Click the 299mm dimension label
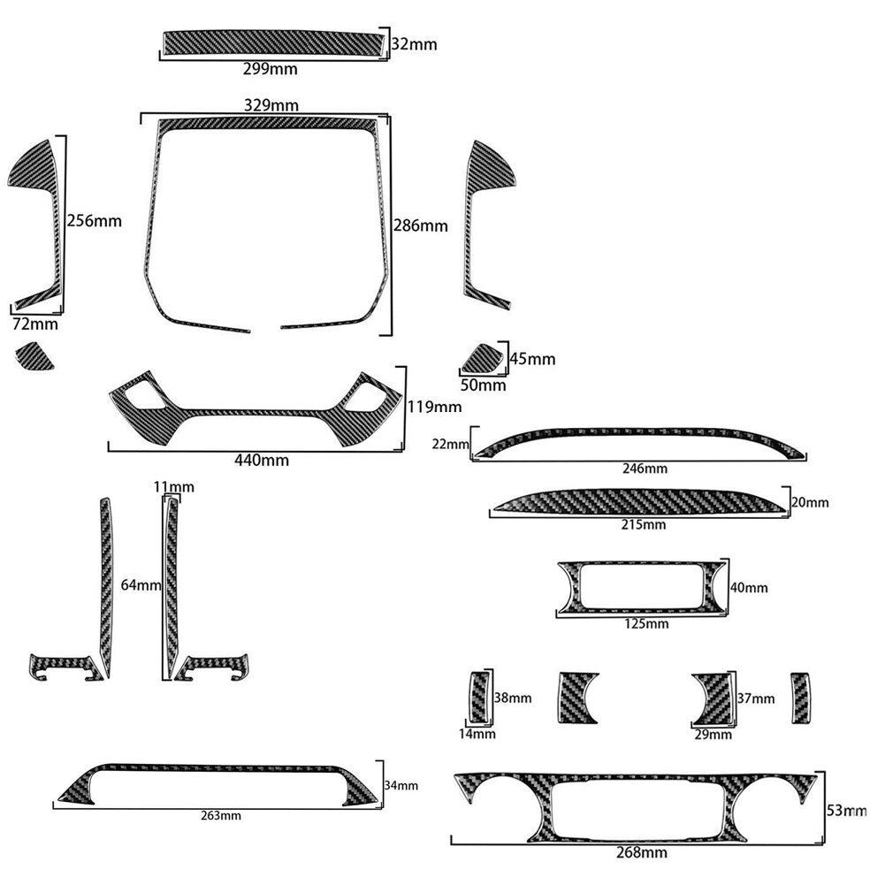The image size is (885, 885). point(271,69)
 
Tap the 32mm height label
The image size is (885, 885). point(415,44)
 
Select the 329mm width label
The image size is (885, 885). point(271,105)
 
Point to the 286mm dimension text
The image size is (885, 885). point(421,225)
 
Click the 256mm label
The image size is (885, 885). point(95,221)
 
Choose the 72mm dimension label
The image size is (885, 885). point(35,324)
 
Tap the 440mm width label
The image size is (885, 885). point(262,461)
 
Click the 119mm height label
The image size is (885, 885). point(435,407)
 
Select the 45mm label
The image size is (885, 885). point(533,359)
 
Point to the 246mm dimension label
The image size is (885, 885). point(645,469)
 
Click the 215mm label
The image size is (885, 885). point(644,524)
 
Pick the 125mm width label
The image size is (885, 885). point(646,623)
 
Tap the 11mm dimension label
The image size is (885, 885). point(174,486)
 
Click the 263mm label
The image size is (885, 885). point(221,815)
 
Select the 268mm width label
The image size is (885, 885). point(642,852)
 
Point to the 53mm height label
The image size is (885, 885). point(847,811)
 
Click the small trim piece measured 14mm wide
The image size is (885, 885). point(479,697)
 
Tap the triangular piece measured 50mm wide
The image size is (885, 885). point(483,359)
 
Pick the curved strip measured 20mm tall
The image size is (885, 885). point(639,501)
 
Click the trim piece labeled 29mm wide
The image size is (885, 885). point(714,698)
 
